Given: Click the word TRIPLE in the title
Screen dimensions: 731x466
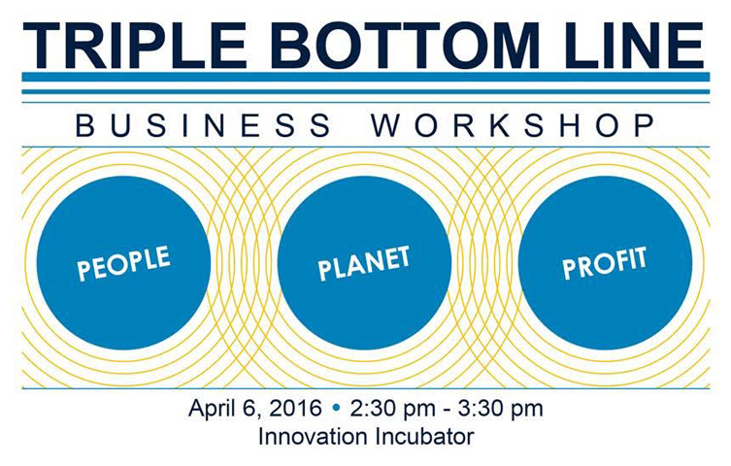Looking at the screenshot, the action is (x=135, y=46).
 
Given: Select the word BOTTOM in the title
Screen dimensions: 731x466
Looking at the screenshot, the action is (x=404, y=46).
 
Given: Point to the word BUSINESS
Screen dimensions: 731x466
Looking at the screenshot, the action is (x=203, y=125).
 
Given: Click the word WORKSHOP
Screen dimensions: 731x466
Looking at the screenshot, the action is (x=514, y=125).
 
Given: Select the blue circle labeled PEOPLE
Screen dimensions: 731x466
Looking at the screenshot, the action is (x=123, y=263).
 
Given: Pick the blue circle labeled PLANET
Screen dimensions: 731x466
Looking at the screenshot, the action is (x=365, y=263).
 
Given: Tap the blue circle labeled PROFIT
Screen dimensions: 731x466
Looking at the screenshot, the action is (x=605, y=263).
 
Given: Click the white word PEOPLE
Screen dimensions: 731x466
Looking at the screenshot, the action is (x=123, y=263).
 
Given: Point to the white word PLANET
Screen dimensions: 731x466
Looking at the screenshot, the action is (x=364, y=263).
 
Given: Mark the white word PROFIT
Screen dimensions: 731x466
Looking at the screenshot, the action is (x=605, y=263).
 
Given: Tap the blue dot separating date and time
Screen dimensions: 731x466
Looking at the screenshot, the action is (x=336, y=409).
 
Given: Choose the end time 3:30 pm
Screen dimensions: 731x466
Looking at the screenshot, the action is (x=500, y=409).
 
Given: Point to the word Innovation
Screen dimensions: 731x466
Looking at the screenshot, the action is (x=313, y=437).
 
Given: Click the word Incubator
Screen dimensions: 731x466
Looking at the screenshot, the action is (x=424, y=437).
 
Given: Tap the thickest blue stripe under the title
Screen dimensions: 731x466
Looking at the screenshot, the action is (x=366, y=77).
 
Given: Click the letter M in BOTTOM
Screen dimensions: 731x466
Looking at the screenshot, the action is (x=510, y=46).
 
